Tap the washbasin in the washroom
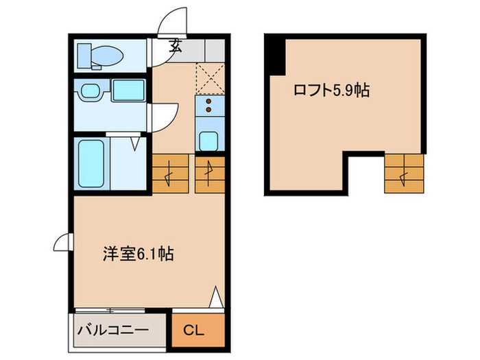[x=90, y=91]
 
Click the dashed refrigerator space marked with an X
[x=209, y=77]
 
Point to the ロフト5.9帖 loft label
[x=332, y=90]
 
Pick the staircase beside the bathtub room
[x=169, y=174]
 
